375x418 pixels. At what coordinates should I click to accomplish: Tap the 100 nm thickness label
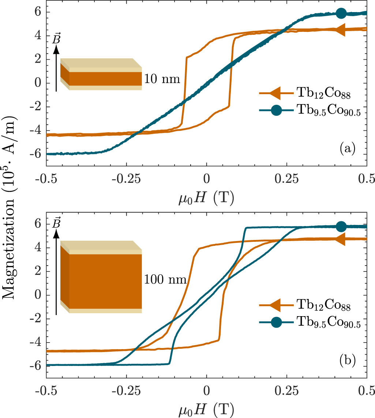point(166,280)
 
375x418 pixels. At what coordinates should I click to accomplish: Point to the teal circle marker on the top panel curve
point(341,13)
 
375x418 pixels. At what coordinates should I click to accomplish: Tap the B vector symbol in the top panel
point(56,39)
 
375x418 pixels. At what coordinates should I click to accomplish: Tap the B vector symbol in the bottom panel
point(56,223)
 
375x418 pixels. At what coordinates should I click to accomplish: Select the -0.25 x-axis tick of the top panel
point(126,178)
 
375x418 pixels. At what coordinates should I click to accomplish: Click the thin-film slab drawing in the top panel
point(101,74)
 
